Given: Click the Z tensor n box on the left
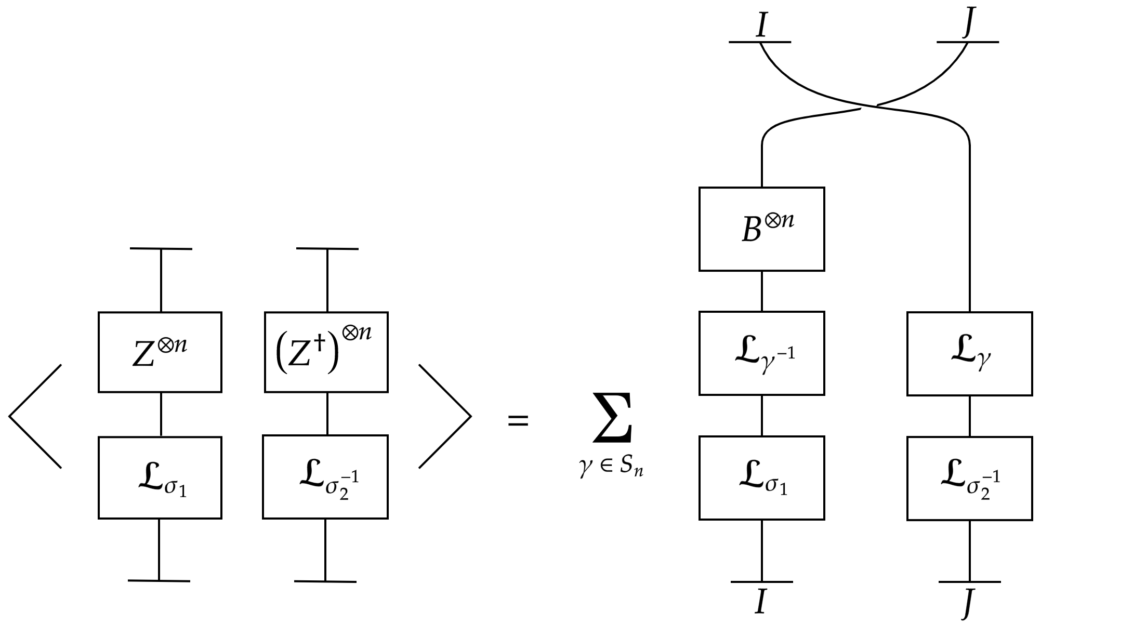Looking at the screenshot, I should [160, 352].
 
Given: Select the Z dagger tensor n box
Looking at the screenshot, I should [326, 352].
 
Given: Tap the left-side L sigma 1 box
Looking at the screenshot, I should [160, 477].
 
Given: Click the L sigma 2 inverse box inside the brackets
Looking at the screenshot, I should [325, 477].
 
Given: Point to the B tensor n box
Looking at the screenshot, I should [761, 229].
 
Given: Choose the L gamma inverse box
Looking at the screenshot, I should [761, 353].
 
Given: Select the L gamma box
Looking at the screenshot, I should [969, 354].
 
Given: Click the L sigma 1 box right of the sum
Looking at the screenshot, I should [761, 477].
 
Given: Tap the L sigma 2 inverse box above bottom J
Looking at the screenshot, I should [969, 478].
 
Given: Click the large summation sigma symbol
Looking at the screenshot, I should [614, 418].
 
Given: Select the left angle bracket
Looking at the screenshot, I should [35, 416].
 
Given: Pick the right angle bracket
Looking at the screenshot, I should [445, 416].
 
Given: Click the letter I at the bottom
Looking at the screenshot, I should [761, 602].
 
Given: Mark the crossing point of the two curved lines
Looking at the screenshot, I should [869, 107].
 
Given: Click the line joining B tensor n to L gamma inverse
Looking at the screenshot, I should [762, 291].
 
